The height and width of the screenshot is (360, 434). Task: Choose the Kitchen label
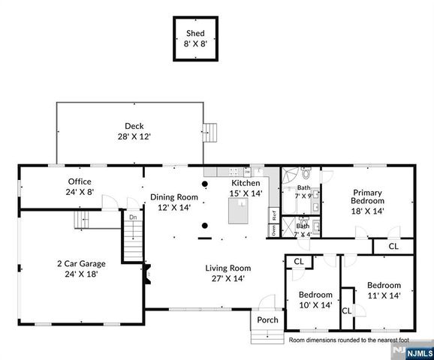pyautogui.click(x=246, y=183)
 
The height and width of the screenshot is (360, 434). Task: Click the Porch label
pyautogui.click(x=267, y=320)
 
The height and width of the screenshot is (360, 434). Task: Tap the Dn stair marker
pyautogui.click(x=132, y=217)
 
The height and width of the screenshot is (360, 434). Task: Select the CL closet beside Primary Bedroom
pyautogui.click(x=394, y=246)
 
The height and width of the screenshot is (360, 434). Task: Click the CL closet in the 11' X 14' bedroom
pyautogui.click(x=347, y=310)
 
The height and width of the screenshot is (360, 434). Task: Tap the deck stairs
pyautogui.click(x=213, y=133)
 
